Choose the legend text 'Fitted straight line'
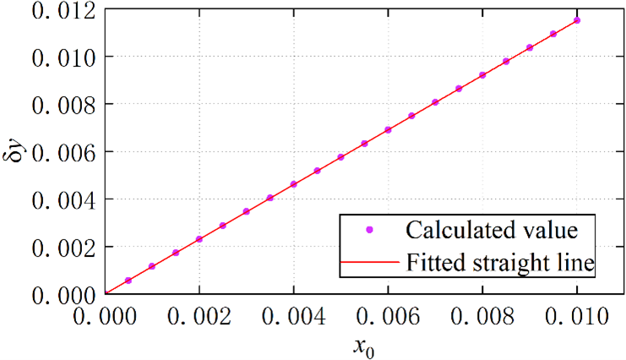point(501,264)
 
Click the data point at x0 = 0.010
point(577,20)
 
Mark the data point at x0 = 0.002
point(199,239)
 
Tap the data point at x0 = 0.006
point(388,129)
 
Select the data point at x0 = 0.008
point(482,75)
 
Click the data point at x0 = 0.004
point(293,184)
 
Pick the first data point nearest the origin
point(128,280)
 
